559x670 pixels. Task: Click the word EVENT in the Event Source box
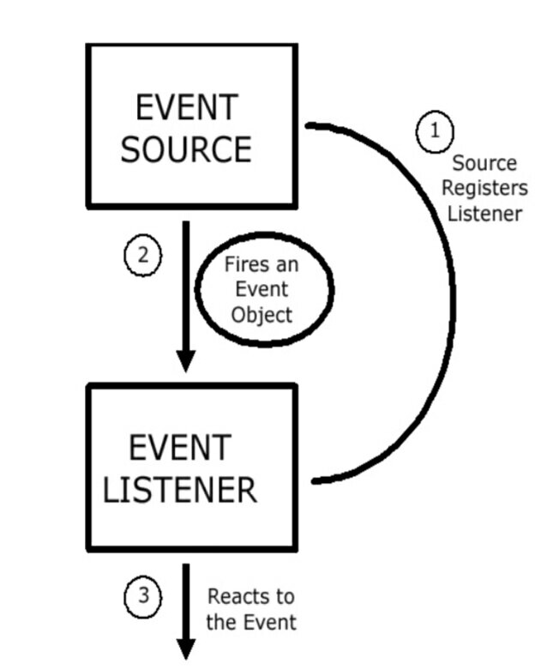click(185, 108)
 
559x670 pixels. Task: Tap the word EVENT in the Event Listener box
click(179, 448)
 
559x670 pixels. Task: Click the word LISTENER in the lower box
click(179, 489)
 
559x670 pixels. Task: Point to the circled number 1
click(434, 131)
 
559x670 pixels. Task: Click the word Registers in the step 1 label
click(484, 188)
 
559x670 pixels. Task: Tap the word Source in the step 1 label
click(484, 163)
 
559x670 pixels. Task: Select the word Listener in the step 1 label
click(484, 213)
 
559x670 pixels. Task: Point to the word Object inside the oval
click(261, 314)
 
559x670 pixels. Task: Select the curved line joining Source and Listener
click(452, 300)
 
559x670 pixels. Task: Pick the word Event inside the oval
click(261, 289)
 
